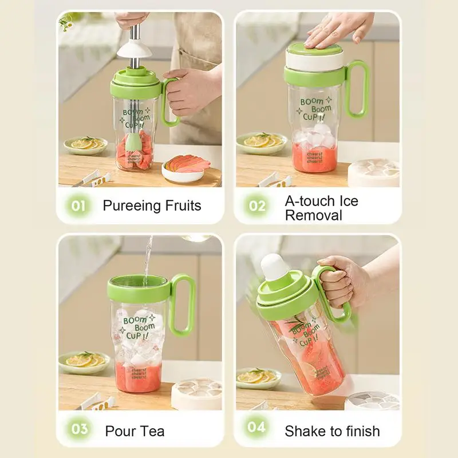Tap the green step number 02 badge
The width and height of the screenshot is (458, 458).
pyautogui.click(x=257, y=206)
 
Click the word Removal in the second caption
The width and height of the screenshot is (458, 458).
pyautogui.click(x=313, y=215)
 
